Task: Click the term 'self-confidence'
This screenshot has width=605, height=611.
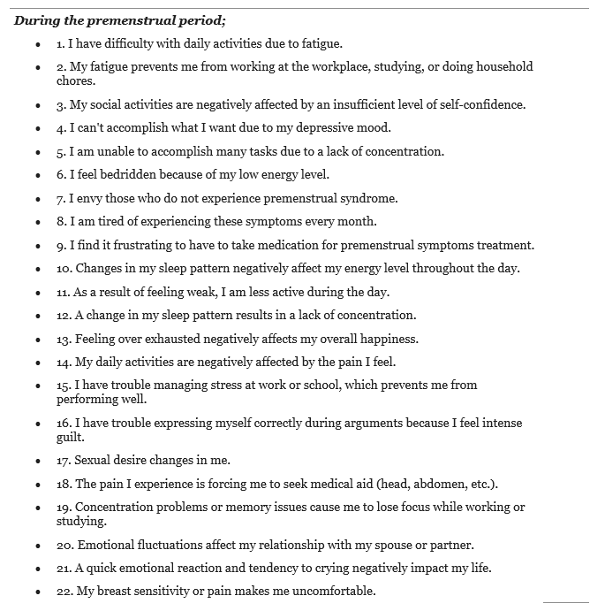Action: (481, 104)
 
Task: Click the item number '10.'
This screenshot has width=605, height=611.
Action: (64, 269)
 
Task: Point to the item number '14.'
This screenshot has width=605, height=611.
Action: (64, 362)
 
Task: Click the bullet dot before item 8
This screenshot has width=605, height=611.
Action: (38, 223)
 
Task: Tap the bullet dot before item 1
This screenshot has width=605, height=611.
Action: (38, 43)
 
